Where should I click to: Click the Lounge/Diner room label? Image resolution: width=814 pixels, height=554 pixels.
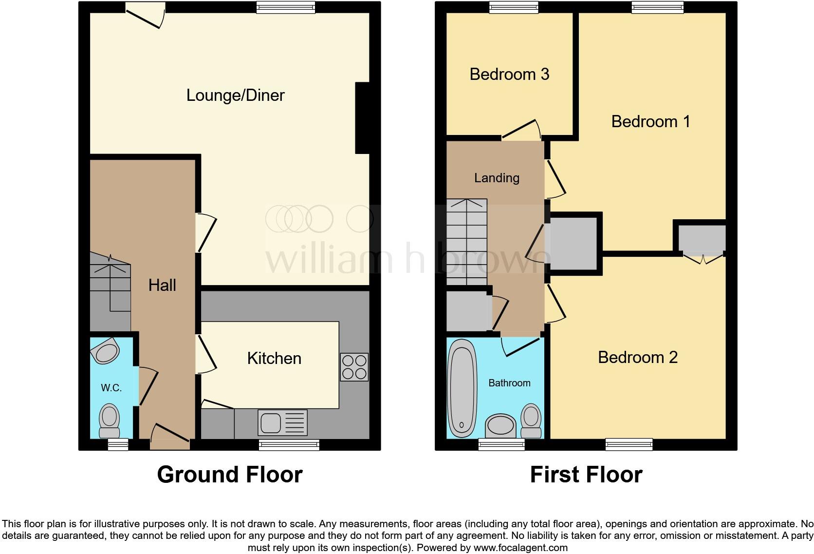click(x=235, y=95)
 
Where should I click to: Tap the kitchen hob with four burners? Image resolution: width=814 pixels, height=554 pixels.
click(x=354, y=367)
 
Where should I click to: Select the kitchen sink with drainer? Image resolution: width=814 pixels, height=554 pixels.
click(x=283, y=422)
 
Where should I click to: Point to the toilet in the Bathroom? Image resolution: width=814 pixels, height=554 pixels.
click(x=531, y=421)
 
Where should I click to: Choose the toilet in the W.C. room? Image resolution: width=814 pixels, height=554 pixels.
click(x=110, y=421)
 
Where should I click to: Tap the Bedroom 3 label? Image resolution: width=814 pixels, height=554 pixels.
click(x=509, y=74)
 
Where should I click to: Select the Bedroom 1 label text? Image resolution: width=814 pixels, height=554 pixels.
click(x=650, y=121)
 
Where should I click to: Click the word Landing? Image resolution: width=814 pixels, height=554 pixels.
click(x=497, y=178)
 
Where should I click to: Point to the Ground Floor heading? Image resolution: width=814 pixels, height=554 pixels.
click(x=229, y=475)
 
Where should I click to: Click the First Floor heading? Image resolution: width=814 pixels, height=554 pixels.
click(x=586, y=475)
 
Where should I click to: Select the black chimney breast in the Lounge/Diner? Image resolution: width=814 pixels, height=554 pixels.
click(x=363, y=118)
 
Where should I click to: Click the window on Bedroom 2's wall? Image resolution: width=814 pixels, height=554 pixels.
click(x=629, y=443)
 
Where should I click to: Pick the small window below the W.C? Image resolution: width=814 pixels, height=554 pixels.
click(x=117, y=443)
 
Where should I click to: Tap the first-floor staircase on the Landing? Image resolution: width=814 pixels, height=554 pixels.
click(x=466, y=242)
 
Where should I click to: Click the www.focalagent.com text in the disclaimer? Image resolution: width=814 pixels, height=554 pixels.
click(x=520, y=548)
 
